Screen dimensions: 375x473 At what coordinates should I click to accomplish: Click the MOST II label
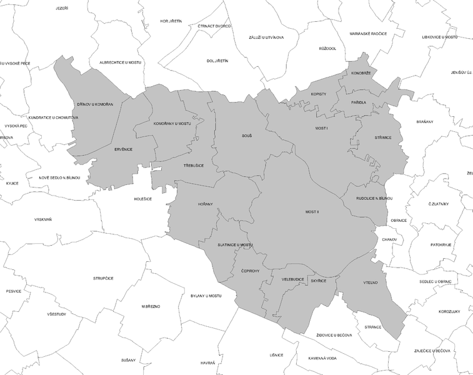(312, 212)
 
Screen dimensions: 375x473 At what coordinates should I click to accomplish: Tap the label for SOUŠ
(246, 135)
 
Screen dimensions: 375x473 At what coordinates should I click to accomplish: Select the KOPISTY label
(319, 94)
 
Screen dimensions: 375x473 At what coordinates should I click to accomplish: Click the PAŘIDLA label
(359, 102)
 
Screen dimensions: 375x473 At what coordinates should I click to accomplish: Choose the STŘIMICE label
(382, 137)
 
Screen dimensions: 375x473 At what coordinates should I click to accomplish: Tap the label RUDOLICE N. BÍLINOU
(374, 198)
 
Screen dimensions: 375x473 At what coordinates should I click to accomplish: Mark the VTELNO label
(371, 283)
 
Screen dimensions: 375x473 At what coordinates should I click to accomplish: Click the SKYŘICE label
(319, 282)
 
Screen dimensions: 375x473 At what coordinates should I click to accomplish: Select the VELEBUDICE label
(292, 279)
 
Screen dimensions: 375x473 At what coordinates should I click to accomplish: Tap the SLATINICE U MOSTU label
(235, 244)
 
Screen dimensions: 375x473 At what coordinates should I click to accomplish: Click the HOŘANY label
(206, 204)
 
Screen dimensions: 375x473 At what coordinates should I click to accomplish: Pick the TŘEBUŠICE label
(194, 166)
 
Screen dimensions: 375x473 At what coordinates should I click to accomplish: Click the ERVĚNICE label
(123, 149)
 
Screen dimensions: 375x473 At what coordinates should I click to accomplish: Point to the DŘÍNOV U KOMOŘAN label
(95, 104)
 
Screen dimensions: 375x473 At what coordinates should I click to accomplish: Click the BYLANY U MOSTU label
(206, 295)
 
